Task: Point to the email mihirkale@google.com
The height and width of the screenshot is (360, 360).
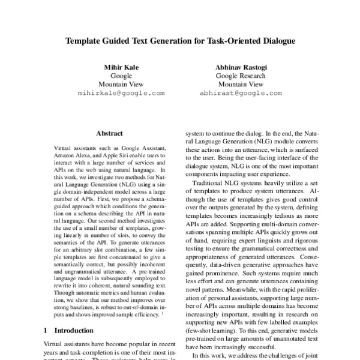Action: tap(121, 94)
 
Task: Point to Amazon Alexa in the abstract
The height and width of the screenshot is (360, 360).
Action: tap(73, 155)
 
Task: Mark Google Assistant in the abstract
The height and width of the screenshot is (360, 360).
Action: tap(145, 148)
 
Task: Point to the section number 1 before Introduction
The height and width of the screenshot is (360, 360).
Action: tap(47, 330)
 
